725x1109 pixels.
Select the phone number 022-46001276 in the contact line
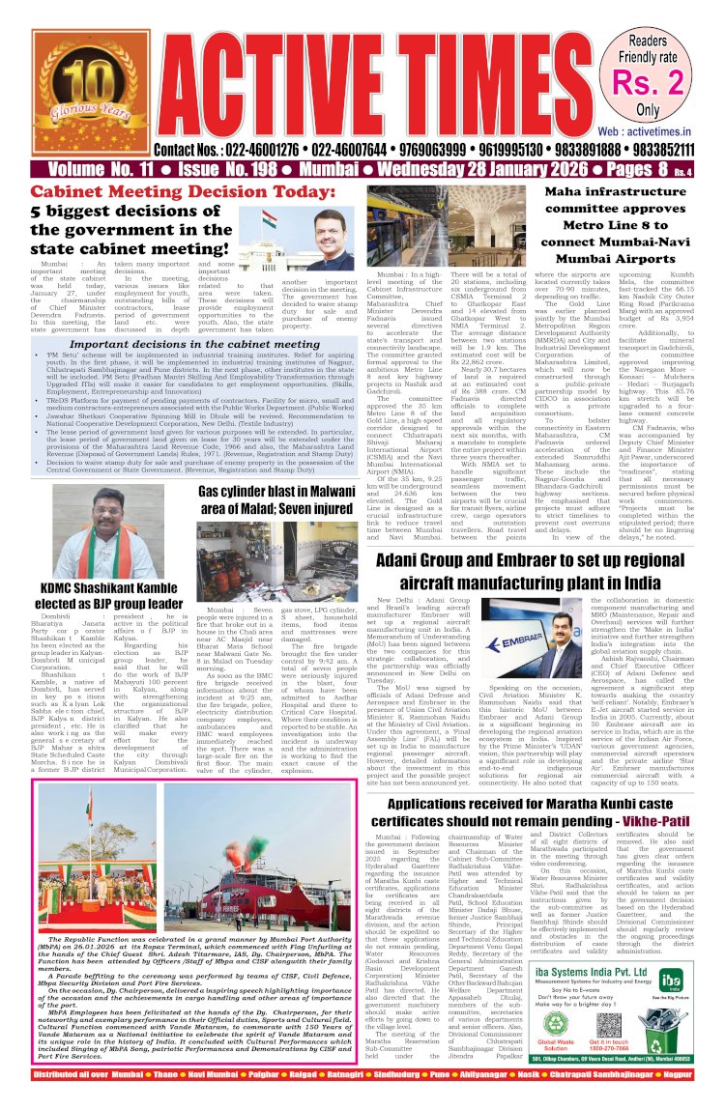click(x=268, y=150)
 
